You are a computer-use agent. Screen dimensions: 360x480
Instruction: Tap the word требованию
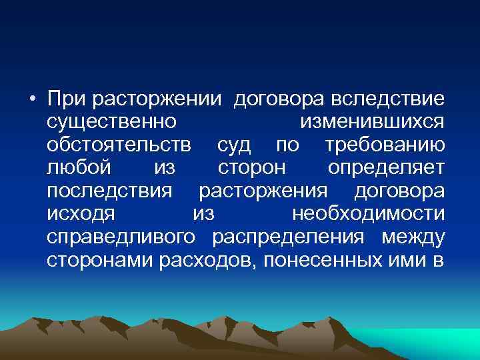[384, 146]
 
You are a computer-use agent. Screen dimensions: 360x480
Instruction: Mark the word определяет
[387, 169]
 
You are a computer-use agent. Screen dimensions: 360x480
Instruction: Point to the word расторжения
[263, 192]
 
